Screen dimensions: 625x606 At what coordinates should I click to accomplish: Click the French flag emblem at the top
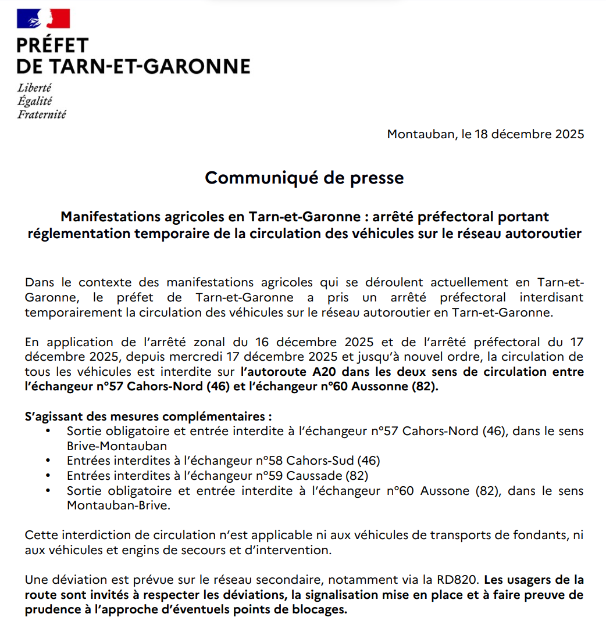44,19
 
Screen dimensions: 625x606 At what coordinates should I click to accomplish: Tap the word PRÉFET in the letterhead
52,45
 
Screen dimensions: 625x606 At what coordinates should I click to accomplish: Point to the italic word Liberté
34,88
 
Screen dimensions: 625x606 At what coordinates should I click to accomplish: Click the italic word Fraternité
42,114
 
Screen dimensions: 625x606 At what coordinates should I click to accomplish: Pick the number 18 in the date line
484,134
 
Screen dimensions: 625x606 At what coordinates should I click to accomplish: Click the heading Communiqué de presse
304,177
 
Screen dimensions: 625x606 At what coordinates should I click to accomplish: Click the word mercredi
198,356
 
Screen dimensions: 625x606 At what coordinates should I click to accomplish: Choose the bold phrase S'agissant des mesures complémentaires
148,416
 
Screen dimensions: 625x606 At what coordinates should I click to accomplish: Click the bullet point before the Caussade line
47,476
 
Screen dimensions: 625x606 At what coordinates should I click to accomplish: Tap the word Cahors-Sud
319,461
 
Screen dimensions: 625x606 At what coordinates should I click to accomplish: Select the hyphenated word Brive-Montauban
117,446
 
